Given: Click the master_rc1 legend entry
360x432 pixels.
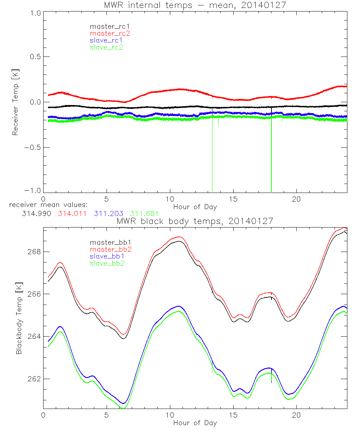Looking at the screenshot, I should pyautogui.click(x=107, y=26).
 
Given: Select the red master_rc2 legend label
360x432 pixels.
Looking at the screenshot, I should pyautogui.click(x=110, y=33).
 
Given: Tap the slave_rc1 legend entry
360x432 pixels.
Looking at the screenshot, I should pyautogui.click(x=107, y=40).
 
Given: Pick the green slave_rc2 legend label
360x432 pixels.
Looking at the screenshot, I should pyautogui.click(x=107, y=47).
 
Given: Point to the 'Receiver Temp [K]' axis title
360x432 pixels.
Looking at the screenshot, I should pyautogui.click(x=15, y=102).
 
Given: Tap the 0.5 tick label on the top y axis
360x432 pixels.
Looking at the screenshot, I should pyautogui.click(x=35, y=57).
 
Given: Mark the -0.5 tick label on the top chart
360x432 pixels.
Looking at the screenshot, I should pyautogui.click(x=32, y=148).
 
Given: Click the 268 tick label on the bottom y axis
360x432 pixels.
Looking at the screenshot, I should pyautogui.click(x=33, y=251).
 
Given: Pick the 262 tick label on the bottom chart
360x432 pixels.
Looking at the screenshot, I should pyautogui.click(x=33, y=379).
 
